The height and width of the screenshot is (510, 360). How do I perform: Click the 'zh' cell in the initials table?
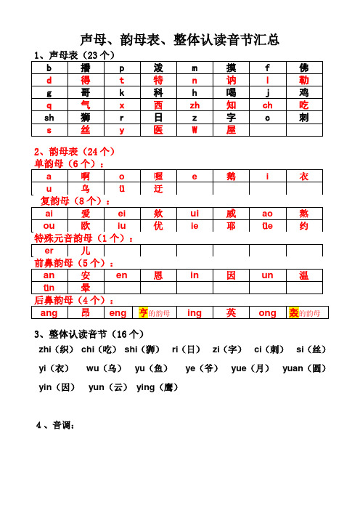195,105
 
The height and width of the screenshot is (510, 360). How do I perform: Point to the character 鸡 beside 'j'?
303,92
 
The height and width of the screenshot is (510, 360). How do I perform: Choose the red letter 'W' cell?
195,129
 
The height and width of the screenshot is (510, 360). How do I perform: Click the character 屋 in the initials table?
231,129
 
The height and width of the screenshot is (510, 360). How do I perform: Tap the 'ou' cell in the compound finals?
49,226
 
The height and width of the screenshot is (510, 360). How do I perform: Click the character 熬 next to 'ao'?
303,214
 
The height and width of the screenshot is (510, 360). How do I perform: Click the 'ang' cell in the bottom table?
49,313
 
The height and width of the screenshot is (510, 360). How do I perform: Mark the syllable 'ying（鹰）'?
157,388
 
